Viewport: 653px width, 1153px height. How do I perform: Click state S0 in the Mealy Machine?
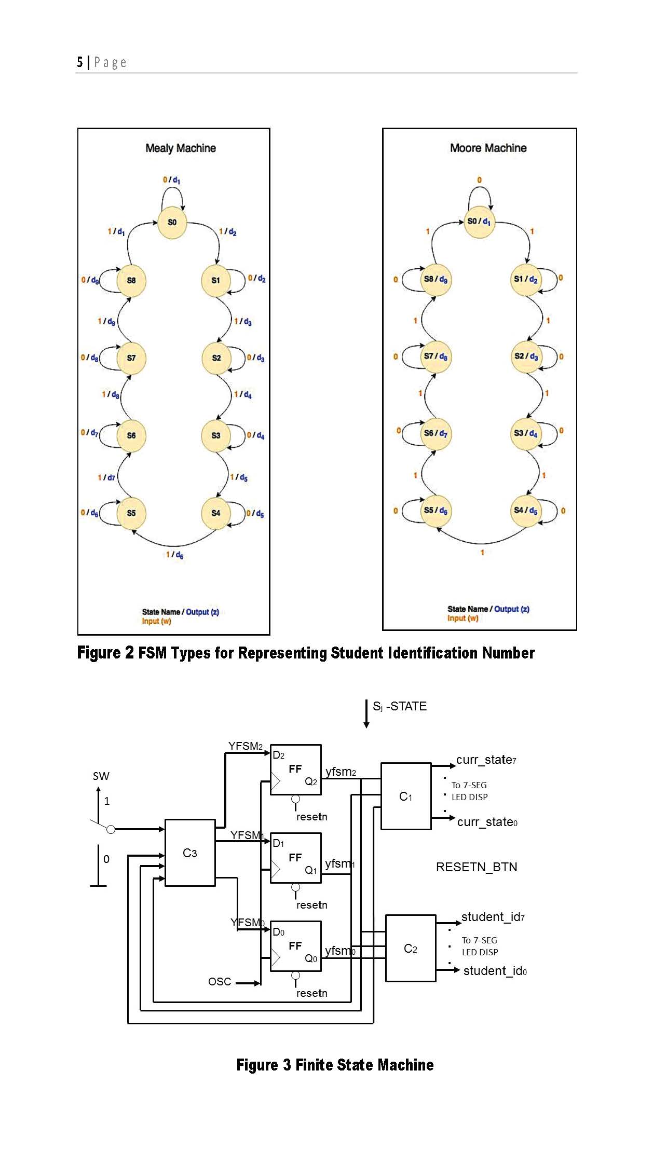click(x=172, y=223)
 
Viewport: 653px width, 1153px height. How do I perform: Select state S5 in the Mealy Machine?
click(x=131, y=513)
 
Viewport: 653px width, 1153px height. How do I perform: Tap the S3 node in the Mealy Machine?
click(x=216, y=435)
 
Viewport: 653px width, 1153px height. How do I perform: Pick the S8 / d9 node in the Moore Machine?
click(x=436, y=279)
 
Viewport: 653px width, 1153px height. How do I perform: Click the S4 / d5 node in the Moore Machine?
click(x=526, y=511)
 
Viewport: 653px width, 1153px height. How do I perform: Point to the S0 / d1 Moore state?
click(x=479, y=222)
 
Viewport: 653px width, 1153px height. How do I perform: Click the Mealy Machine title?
click(x=181, y=148)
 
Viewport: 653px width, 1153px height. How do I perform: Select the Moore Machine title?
click(x=488, y=148)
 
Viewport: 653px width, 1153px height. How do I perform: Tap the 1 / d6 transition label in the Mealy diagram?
click(x=174, y=555)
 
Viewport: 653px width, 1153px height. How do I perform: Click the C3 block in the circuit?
click(x=190, y=853)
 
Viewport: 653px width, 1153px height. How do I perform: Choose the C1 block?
click(x=406, y=797)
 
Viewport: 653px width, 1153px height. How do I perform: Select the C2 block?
click(x=411, y=949)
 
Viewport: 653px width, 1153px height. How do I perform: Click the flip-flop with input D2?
click(x=295, y=770)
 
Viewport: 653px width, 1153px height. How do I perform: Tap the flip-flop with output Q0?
click(x=295, y=946)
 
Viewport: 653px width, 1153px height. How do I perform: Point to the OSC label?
click(x=220, y=982)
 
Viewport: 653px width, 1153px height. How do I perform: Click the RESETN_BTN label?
click(x=477, y=867)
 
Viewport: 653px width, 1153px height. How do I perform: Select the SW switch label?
click(x=101, y=776)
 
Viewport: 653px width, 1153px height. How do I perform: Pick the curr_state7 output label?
click(x=486, y=760)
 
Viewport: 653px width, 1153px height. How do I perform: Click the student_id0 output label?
click(x=495, y=971)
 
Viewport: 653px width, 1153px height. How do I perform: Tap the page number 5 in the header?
click(x=80, y=63)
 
